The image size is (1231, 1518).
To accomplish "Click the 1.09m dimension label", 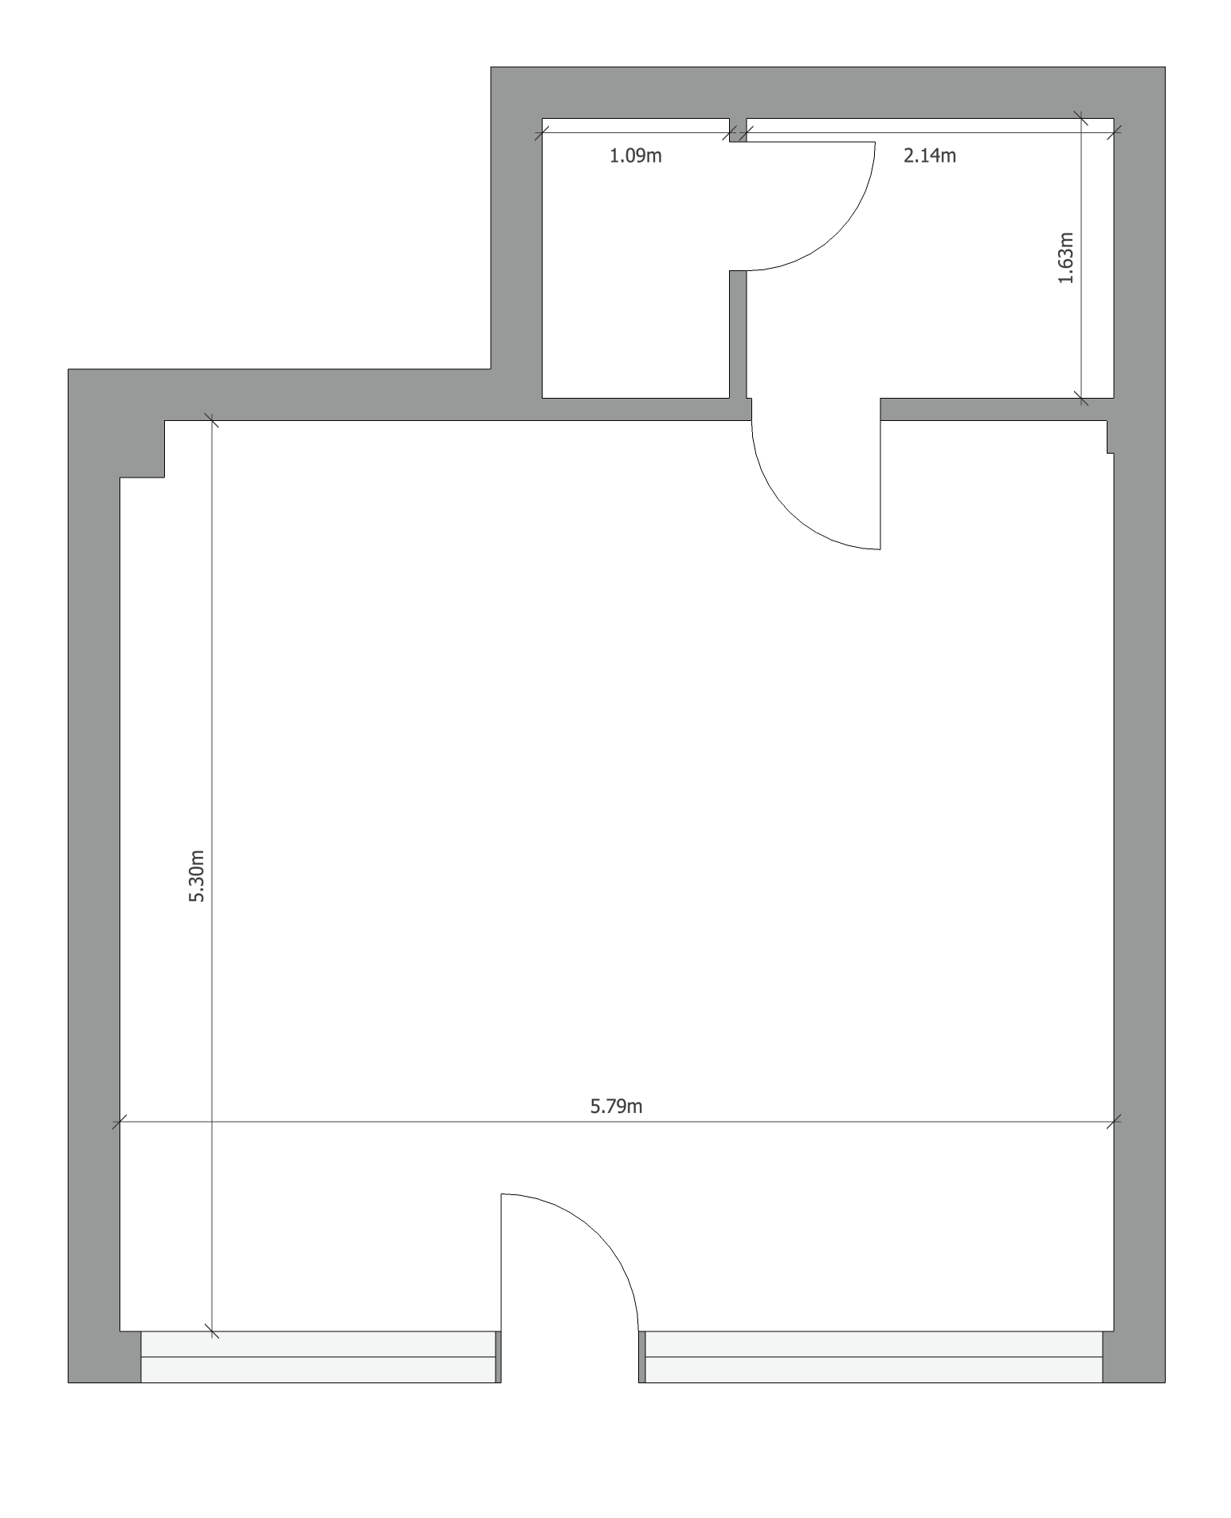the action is coord(635,155).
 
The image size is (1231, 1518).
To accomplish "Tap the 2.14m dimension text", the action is coord(929,155).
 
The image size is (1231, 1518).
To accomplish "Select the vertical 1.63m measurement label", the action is coord(1065,258).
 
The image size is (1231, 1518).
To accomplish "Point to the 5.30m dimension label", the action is coord(196,875).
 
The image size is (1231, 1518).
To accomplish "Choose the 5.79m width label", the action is coord(616,1106).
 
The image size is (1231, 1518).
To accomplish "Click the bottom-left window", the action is coord(319,1356).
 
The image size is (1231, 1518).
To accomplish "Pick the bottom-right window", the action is coord(873,1356).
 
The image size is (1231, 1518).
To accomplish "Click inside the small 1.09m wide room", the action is coord(635,271).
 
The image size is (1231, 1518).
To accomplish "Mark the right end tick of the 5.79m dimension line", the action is coord(1114,1122).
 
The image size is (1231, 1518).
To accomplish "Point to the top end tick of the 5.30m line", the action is coord(212,420).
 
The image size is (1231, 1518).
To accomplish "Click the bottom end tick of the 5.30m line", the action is coord(212,1331).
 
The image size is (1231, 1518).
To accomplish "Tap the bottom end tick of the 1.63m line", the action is coord(1080,397).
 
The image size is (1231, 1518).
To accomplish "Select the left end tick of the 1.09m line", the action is coord(543,132).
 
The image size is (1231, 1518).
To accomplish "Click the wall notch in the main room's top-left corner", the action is coord(142,449).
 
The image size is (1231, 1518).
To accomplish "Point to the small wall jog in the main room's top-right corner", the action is coord(1110,437).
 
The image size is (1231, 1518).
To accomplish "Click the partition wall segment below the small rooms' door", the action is coord(738,334).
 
